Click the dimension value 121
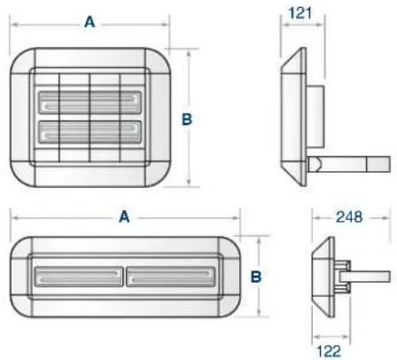[x=300, y=13]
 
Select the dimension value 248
[x=349, y=217]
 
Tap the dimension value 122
[x=329, y=351]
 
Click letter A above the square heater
[x=90, y=22]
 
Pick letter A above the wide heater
[x=124, y=216]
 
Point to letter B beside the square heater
[x=187, y=119]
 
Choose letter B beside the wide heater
[x=256, y=277]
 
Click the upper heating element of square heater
[x=90, y=102]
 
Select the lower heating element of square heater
[x=90, y=132]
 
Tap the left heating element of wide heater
[x=79, y=277]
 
